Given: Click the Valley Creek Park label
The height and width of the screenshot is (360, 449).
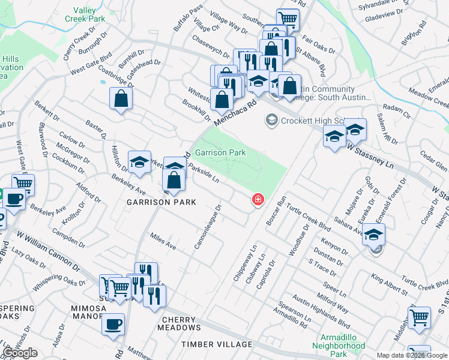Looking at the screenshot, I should pos(85,14).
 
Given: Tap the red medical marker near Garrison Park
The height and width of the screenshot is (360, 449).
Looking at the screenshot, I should pos(258,199).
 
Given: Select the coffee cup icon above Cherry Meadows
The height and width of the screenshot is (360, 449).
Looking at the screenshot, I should pos(113,325).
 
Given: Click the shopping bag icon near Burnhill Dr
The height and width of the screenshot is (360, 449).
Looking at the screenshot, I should pos(121,99).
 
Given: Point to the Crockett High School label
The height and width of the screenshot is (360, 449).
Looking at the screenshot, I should pos(316,121).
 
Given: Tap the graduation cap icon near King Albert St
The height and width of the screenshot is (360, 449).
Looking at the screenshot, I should pos(373,235).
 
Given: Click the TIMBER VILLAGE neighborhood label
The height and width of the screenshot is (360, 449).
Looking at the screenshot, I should pos(217,344).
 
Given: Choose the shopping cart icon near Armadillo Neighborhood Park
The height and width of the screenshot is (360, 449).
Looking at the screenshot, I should pos(419,317).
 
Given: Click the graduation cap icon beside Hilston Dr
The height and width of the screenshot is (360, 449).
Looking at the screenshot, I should pos(140,162).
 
